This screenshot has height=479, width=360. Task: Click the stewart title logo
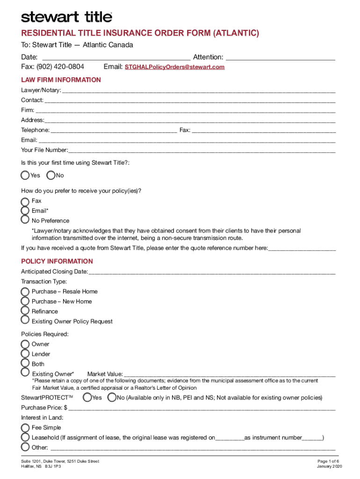tap(66, 17)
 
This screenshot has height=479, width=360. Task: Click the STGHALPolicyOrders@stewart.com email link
tap(174, 67)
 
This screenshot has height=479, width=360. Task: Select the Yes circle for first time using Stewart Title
tap(25, 175)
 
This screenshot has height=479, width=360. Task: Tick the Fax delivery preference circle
tap(25, 201)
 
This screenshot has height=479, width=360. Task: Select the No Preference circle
tap(25, 220)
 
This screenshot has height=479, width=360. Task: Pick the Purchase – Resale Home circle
tap(25, 291)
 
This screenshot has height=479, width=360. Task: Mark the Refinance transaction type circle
tap(25, 311)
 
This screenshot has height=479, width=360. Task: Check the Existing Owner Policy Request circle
tap(25, 320)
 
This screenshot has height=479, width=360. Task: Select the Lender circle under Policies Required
tap(25, 354)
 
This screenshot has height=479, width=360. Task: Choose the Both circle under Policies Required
tap(25, 363)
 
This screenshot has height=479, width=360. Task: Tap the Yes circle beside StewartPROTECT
tap(87, 398)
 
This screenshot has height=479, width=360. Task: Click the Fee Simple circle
tap(25, 427)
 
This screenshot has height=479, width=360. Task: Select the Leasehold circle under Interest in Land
tap(25, 437)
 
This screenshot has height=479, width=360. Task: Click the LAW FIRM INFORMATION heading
tap(61, 80)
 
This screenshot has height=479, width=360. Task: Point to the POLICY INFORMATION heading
tap(57, 261)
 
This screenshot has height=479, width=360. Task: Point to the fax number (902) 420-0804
tap(53, 67)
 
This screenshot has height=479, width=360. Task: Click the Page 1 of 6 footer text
tap(330, 461)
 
